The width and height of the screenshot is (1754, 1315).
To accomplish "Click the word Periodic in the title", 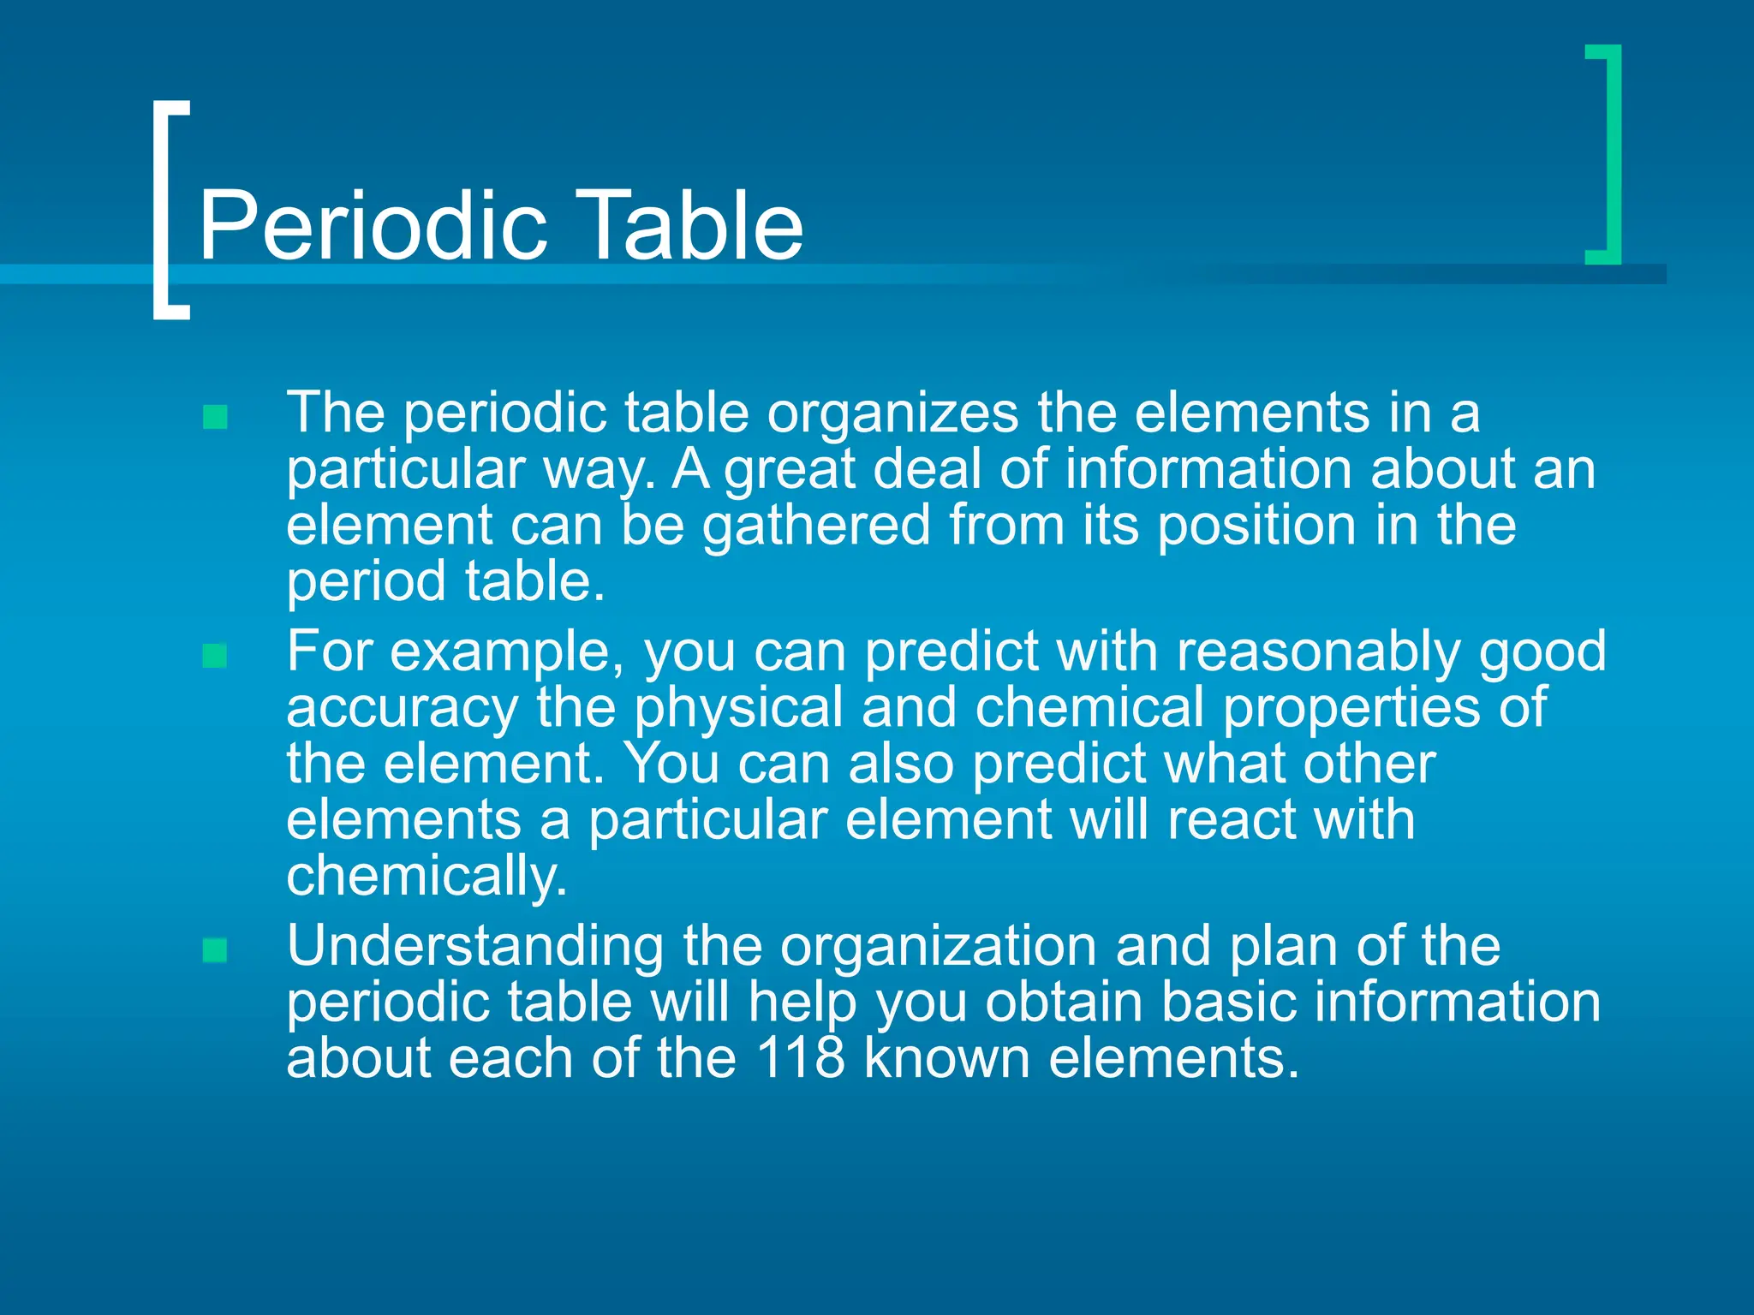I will tap(373, 226).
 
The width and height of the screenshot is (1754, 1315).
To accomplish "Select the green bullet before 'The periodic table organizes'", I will tap(215, 417).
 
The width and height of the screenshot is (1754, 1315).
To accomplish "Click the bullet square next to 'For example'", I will tap(215, 656).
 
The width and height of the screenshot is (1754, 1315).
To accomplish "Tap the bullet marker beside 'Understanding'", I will tap(215, 950).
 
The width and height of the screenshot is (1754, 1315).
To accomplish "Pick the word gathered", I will tap(816, 526).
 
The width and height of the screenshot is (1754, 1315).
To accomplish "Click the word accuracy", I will tap(402, 709).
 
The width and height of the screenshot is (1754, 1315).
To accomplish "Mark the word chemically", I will tap(427, 878).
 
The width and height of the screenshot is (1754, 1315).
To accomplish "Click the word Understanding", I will tap(474, 947).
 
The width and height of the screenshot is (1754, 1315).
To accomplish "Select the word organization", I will tap(938, 947).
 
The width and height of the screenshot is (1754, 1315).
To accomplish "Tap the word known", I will tap(946, 1058).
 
